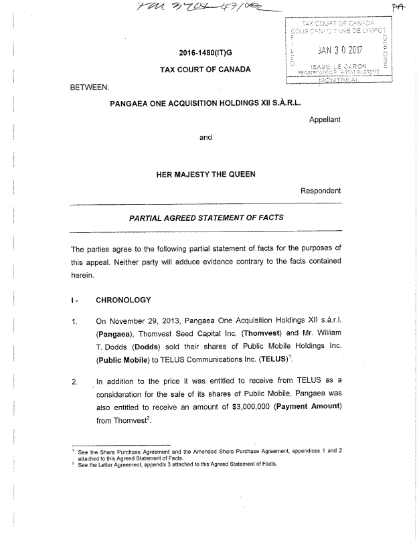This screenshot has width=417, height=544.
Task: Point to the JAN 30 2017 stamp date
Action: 339,49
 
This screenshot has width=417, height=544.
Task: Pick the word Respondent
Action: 320,191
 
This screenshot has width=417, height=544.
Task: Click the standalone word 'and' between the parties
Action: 206,138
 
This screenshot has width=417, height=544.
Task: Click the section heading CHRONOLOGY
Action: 124,299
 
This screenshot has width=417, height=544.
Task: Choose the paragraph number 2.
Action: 74,383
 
